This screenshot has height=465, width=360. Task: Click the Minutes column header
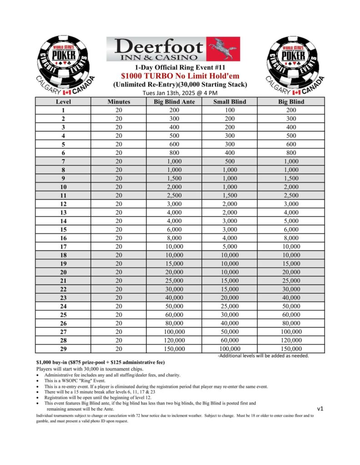(119, 102)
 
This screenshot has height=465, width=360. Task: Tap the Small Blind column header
(230, 102)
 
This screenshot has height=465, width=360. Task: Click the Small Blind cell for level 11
(230, 195)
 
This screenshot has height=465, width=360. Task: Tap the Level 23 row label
(63, 297)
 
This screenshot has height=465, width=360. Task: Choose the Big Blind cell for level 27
(291, 331)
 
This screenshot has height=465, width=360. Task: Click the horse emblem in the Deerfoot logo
(223, 49)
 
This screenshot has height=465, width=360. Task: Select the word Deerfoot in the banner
(159, 46)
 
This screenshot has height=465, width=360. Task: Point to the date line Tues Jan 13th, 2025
(180, 93)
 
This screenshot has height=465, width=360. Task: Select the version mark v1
(320, 408)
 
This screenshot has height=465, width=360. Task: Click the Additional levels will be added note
(264, 356)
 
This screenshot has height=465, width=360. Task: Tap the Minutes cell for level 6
(119, 153)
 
